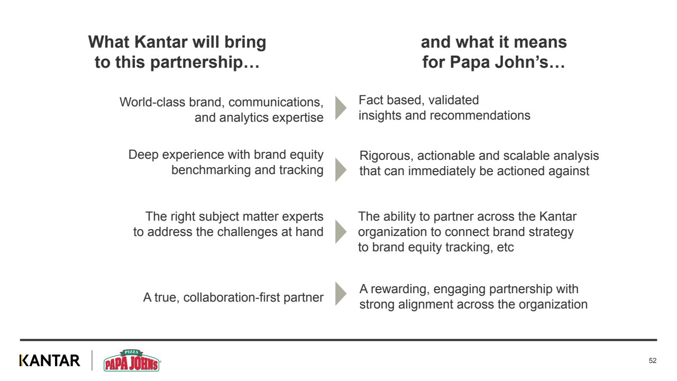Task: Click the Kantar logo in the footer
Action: click(50, 360)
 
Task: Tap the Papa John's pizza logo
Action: click(132, 360)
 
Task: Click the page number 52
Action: click(652, 360)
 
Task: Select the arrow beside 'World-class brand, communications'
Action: click(341, 107)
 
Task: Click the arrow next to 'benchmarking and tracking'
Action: click(341, 170)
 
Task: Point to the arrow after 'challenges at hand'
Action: click(341, 232)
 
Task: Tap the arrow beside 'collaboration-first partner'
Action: click(341, 294)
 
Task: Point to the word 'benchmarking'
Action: click(211, 170)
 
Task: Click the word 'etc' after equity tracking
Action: click(505, 248)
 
